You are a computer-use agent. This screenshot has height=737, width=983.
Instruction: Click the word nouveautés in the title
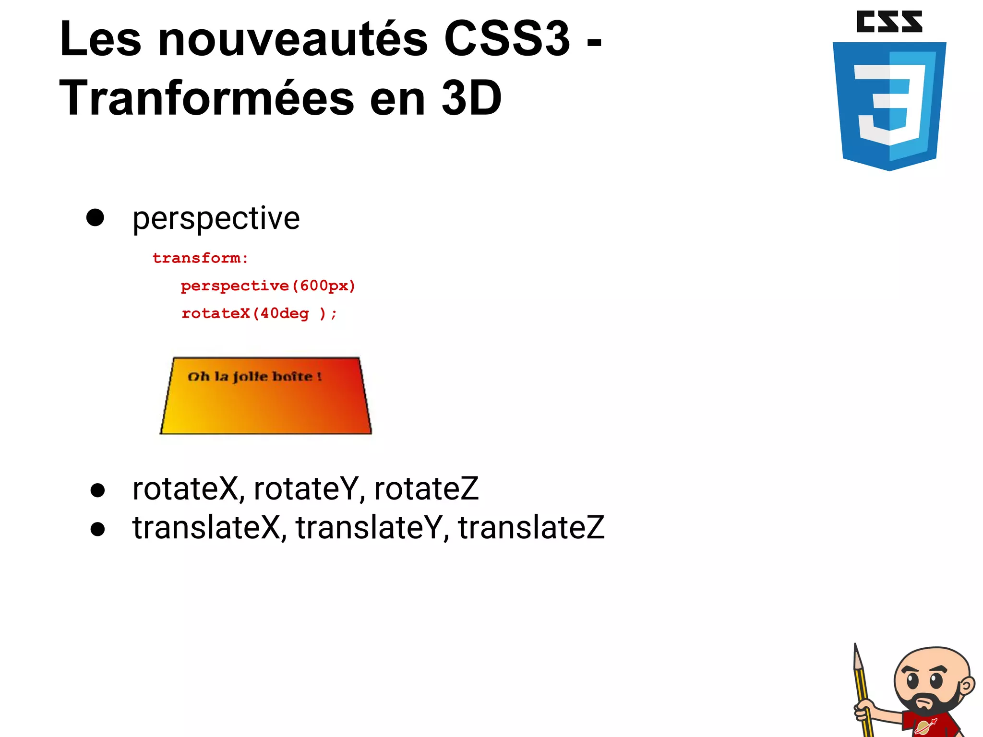pos(292,39)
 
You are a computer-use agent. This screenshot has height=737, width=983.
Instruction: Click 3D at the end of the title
pos(471,99)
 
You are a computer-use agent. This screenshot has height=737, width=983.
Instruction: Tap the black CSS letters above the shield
pos(889,22)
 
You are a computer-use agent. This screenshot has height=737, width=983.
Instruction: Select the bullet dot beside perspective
pos(95,217)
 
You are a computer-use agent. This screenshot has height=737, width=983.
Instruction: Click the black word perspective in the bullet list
pos(216,219)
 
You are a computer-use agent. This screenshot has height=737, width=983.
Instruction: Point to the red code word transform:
pos(200,258)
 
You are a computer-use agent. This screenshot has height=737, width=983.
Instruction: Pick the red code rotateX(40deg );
pos(259,313)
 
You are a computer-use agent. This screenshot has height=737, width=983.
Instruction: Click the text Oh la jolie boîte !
pos(254,377)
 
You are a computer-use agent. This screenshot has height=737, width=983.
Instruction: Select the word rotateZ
pos(426,489)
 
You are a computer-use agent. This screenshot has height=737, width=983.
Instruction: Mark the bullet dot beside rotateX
pos(97,490)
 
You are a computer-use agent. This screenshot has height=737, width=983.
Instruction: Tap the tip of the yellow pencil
pos(856,647)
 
